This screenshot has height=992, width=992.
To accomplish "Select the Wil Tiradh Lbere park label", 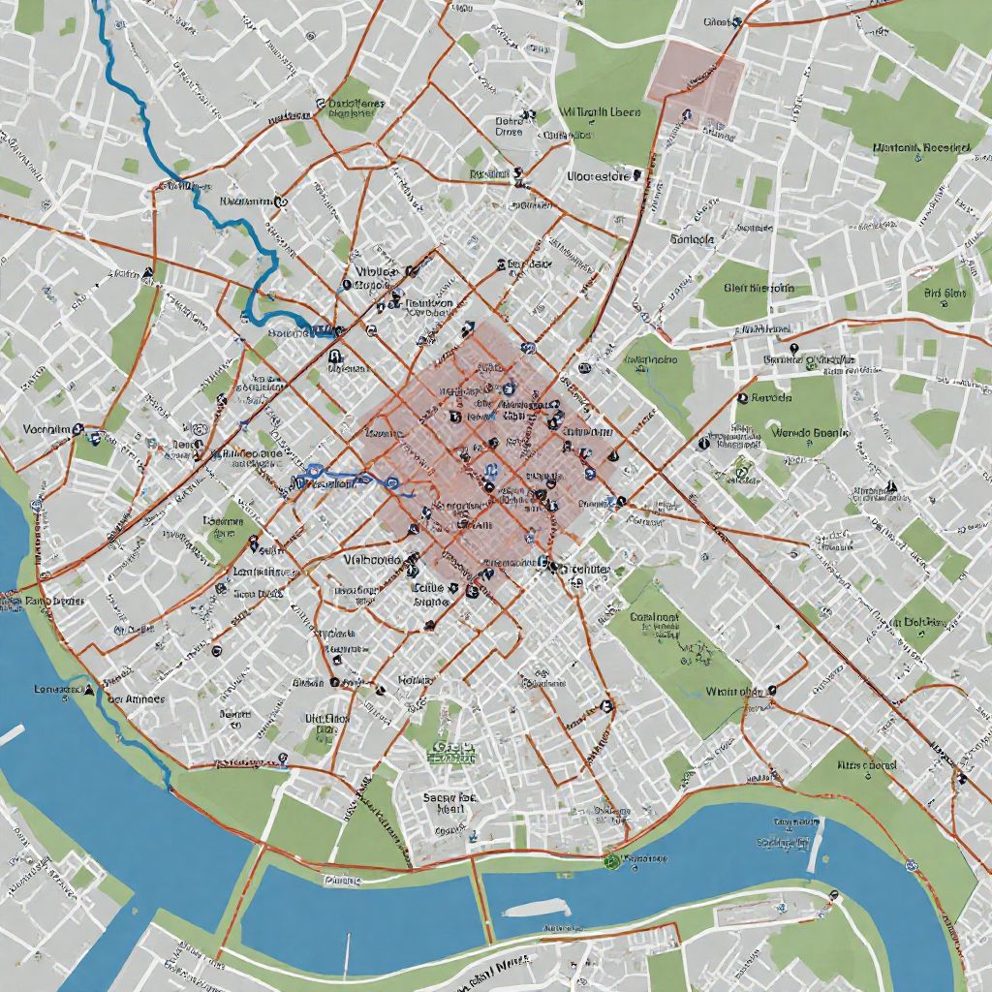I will (601, 112).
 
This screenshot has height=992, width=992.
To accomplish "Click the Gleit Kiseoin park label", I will (759, 288).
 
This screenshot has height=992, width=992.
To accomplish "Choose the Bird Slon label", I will (945, 293).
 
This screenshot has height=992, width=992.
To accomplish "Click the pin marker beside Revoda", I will (743, 396).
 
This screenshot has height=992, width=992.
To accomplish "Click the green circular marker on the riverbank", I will (610, 858).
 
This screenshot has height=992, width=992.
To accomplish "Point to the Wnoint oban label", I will (732, 692).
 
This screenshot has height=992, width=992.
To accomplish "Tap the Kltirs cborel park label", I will (867, 764).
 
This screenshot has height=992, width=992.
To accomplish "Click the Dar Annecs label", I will (136, 698).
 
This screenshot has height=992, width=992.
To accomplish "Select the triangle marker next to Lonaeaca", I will (89, 690).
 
